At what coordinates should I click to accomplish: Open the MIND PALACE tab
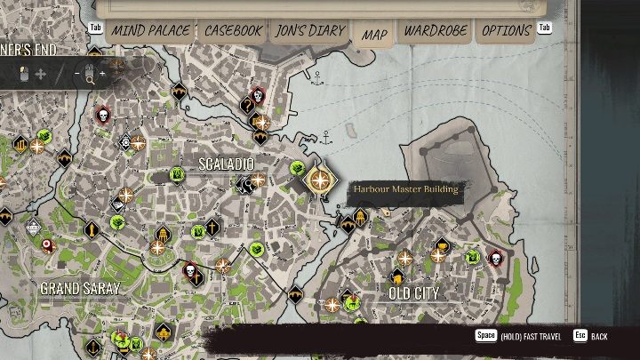(150, 30)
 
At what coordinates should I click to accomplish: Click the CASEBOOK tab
(233, 30)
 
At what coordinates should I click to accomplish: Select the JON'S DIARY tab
(309, 30)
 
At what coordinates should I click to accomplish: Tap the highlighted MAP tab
(375, 35)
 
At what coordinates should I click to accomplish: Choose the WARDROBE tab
(436, 30)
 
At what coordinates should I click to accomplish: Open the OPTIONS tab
(506, 30)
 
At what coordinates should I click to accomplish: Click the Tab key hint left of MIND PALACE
(95, 28)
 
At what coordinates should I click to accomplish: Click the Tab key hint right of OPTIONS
(544, 28)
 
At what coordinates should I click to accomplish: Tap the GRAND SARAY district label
(80, 289)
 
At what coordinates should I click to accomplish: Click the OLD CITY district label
(414, 292)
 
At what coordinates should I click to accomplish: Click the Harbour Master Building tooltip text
(405, 189)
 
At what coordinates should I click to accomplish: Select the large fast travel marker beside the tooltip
(318, 179)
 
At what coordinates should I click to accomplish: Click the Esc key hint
(580, 336)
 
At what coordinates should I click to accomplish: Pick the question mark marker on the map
(248, 105)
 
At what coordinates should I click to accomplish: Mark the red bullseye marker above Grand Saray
(47, 244)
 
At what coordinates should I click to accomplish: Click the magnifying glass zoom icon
(90, 76)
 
